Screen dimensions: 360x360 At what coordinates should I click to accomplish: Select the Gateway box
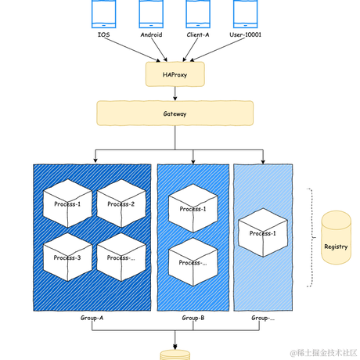pos(175,113)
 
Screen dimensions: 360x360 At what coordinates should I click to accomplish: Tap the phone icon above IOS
pos(103,13)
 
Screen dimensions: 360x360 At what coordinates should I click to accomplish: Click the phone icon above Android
pos(150,13)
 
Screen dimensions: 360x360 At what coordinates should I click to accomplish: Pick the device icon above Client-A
pos(197,13)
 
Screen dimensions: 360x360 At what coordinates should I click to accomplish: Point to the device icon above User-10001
pos(246,13)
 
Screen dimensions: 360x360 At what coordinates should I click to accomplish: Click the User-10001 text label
pos(246,35)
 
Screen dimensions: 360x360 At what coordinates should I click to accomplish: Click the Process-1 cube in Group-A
pos(67,203)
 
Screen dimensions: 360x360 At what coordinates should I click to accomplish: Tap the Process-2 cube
pos(121,203)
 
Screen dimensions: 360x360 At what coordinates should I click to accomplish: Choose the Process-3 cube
pos(67,257)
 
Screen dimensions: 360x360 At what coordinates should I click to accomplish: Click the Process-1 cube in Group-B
pos(193,208)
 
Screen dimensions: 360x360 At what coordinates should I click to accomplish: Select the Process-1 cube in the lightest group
pos(262,232)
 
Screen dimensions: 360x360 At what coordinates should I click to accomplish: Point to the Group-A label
pos(92,319)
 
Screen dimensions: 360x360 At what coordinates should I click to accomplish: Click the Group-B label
pos(193,319)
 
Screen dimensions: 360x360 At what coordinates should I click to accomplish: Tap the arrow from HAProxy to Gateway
pos(175,93)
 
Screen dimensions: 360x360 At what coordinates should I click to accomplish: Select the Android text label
pos(150,35)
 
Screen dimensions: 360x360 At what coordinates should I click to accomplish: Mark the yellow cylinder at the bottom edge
pos(175,355)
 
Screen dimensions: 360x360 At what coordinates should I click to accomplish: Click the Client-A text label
pos(197,35)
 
